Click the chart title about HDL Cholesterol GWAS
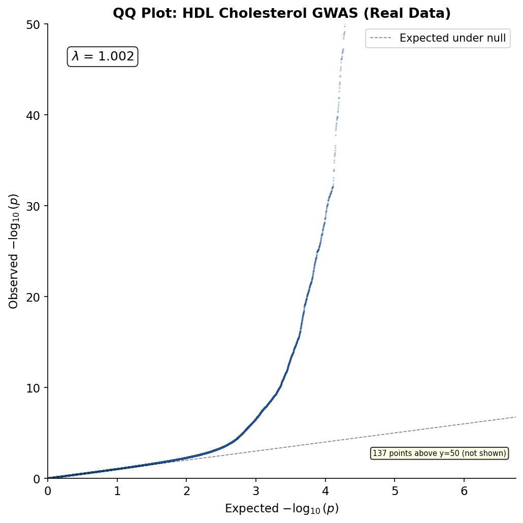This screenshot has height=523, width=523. click(x=281, y=13)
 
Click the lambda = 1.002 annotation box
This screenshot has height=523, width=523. click(x=103, y=56)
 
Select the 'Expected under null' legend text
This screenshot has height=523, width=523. click(x=452, y=38)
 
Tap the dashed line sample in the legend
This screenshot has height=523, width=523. click(x=381, y=38)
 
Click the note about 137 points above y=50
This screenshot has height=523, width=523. click(x=439, y=453)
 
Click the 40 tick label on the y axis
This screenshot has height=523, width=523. click(x=32, y=115)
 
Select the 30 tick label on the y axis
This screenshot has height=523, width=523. click(x=32, y=206)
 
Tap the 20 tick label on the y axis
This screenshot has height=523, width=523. click(x=32, y=297)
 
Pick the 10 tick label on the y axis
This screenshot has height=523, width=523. click(x=32, y=388)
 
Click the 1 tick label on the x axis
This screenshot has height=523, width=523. click(x=117, y=491)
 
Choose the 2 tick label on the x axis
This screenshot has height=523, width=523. click(x=186, y=491)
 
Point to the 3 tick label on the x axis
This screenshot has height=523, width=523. click(x=256, y=491)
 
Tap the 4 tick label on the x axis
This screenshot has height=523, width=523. click(x=325, y=491)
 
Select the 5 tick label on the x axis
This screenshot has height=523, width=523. click(x=395, y=491)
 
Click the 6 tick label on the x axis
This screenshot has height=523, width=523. click(x=464, y=491)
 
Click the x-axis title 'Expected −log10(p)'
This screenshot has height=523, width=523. click(x=282, y=509)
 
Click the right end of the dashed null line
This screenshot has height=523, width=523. click(x=516, y=417)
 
